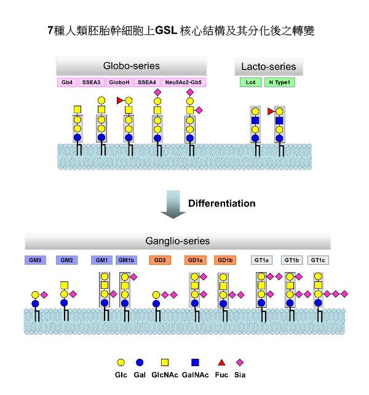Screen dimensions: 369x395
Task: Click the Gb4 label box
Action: pyautogui.click(x=67, y=82)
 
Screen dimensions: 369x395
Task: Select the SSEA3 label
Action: pyautogui.click(x=91, y=82)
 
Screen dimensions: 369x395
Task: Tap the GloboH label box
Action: pyautogui.click(x=119, y=82)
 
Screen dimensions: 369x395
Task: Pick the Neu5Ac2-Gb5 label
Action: pyautogui.click(x=183, y=82)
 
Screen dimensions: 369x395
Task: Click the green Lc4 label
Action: pyautogui.click(x=251, y=82)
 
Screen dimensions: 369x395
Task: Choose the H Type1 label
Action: pyautogui.click(x=280, y=82)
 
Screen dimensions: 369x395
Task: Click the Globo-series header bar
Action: pyautogui.click(x=132, y=66)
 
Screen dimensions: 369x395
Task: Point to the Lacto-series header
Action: pyautogui.click(x=269, y=67)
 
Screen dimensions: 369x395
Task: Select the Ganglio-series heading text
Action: pyautogui.click(x=178, y=241)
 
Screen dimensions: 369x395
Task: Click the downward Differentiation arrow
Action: pyautogui.click(x=173, y=205)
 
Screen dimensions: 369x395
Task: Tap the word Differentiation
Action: pyautogui.click(x=222, y=203)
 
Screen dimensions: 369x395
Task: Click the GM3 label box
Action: pyautogui.click(x=35, y=260)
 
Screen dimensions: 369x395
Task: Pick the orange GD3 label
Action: pyautogui.click(x=160, y=260)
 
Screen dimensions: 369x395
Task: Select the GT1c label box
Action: pyautogui.click(x=318, y=260)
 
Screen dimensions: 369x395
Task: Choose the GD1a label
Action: pyautogui.click(x=195, y=260)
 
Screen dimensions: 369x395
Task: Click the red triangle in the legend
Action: pyautogui.click(x=221, y=363)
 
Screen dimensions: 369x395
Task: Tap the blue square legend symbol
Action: pyautogui.click(x=195, y=362)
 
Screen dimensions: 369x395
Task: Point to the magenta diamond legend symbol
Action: pyautogui.click(x=240, y=362)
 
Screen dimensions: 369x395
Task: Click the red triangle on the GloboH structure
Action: pyautogui.click(x=120, y=101)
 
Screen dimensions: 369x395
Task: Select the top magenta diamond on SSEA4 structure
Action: pyautogui.click(x=157, y=92)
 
